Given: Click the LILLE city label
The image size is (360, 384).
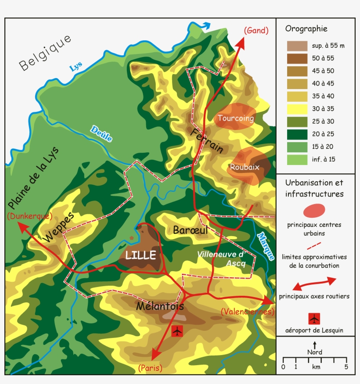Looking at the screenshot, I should [x=140, y=255].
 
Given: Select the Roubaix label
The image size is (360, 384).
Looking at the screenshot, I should [x=244, y=167].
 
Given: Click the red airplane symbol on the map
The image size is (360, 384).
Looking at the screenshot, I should [x=177, y=331].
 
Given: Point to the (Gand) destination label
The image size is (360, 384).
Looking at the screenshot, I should [x=256, y=30].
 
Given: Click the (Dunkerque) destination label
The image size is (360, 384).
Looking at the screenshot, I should [x=29, y=216].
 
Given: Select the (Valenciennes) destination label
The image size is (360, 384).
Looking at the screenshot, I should [x=248, y=312].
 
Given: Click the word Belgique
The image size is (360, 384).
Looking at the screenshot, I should [x=45, y=54].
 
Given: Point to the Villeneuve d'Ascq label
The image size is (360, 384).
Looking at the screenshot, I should [x=220, y=258].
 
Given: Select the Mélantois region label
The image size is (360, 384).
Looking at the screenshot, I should [x=160, y=306].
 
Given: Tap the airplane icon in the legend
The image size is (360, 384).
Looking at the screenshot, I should [x=314, y=318].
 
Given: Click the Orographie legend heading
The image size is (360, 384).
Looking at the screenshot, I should [x=306, y=29].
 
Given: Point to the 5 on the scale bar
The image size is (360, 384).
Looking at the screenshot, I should [x=346, y=366].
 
